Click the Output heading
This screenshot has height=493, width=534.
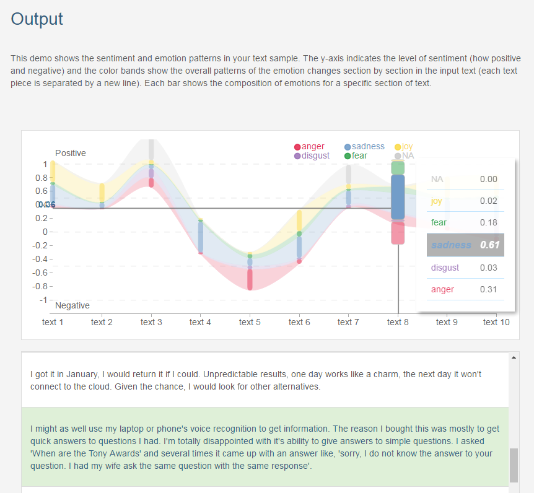[x=37, y=19]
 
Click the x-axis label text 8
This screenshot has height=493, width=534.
[x=398, y=322]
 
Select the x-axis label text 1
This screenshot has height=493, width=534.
[x=53, y=322]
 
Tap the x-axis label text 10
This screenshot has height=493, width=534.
[x=496, y=322]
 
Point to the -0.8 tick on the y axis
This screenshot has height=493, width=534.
[x=40, y=286]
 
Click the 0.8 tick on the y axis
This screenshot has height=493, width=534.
[x=42, y=178]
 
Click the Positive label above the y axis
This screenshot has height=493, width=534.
[x=71, y=153]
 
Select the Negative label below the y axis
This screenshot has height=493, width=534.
[x=72, y=305]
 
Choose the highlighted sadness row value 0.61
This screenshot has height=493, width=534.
[x=489, y=245]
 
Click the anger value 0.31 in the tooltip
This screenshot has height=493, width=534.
[x=488, y=289]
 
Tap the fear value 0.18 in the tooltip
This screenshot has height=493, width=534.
[x=488, y=222]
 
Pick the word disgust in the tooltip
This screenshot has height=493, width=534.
[x=445, y=268]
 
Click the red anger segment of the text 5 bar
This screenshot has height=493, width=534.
[x=250, y=280]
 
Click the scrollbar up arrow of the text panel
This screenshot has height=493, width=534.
[x=514, y=357]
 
